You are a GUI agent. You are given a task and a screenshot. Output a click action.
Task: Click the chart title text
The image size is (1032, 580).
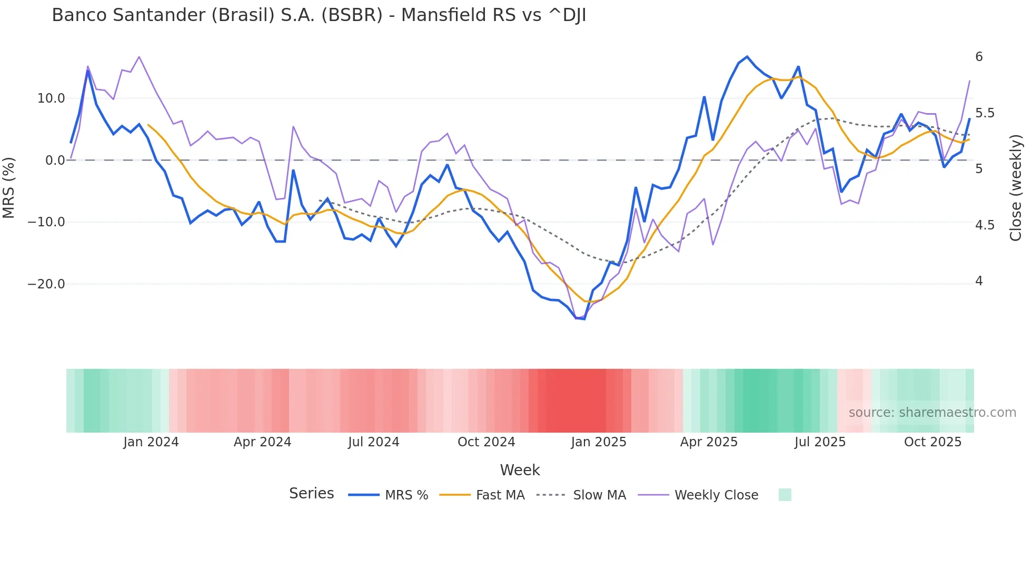pyautogui.click(x=319, y=16)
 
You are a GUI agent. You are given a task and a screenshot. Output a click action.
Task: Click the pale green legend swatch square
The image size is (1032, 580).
pyautogui.click(x=785, y=495)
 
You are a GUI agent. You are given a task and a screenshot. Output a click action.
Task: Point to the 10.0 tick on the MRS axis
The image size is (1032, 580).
pyautogui.click(x=51, y=98)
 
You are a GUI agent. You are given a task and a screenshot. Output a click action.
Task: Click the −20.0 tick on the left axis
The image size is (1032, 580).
pyautogui.click(x=46, y=284)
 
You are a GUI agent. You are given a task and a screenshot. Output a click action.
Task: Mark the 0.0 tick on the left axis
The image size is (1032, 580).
pyautogui.click(x=55, y=161)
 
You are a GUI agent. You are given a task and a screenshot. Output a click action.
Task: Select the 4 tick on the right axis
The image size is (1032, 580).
pyautogui.click(x=979, y=281)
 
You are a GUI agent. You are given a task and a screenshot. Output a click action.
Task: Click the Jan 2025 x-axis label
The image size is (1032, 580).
pyautogui.click(x=599, y=442)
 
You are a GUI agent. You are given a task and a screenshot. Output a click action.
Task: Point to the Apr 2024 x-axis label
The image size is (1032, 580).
pyautogui.click(x=262, y=442)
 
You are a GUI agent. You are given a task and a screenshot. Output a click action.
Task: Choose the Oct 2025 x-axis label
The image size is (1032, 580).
pyautogui.click(x=932, y=442)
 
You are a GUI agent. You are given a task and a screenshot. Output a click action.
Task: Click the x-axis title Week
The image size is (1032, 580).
pyautogui.click(x=520, y=470)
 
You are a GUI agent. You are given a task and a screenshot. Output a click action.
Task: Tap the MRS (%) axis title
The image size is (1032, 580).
pyautogui.click(x=9, y=188)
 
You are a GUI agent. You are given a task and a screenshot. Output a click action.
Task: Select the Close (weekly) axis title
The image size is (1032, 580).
pyautogui.click(x=1016, y=188)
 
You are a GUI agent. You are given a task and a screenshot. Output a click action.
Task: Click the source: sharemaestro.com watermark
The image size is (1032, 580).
pyautogui.click(x=932, y=413)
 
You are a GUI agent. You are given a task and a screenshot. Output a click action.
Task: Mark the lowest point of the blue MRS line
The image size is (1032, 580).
pyautogui.click(x=584, y=319)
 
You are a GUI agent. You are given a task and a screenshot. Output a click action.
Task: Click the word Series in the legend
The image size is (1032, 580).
pyautogui.click(x=311, y=494)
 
